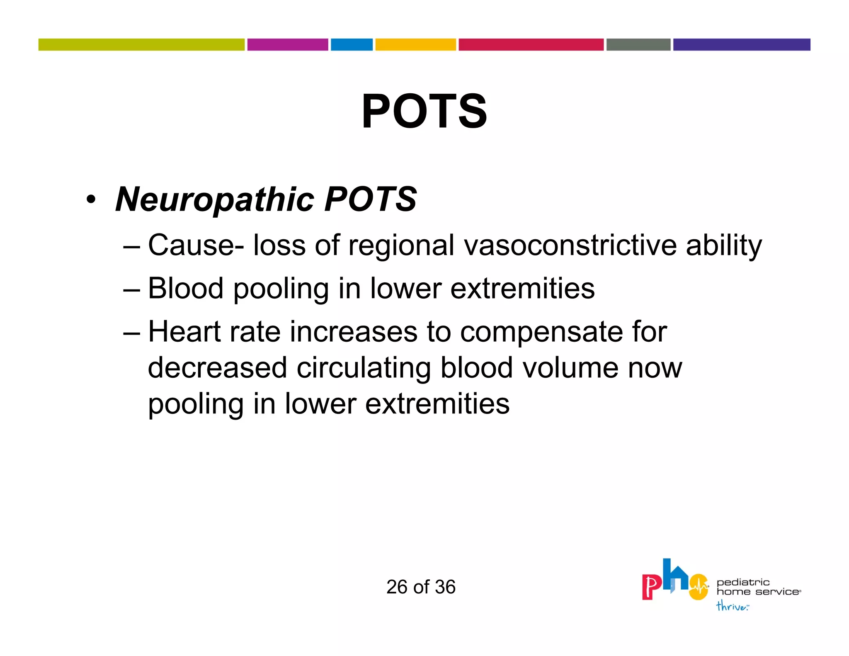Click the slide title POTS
(x=424, y=111)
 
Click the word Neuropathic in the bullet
(x=215, y=200)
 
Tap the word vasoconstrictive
(x=570, y=245)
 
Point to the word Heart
(x=184, y=332)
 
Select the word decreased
(x=217, y=368)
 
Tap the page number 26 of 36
(x=421, y=587)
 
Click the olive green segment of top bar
(x=141, y=45)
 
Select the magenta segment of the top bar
(x=287, y=45)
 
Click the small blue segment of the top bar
(x=352, y=45)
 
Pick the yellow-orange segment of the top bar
(x=415, y=45)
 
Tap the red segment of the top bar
(x=531, y=45)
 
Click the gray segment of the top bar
(x=638, y=45)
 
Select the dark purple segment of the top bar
(x=741, y=45)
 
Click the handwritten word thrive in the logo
(x=732, y=606)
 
